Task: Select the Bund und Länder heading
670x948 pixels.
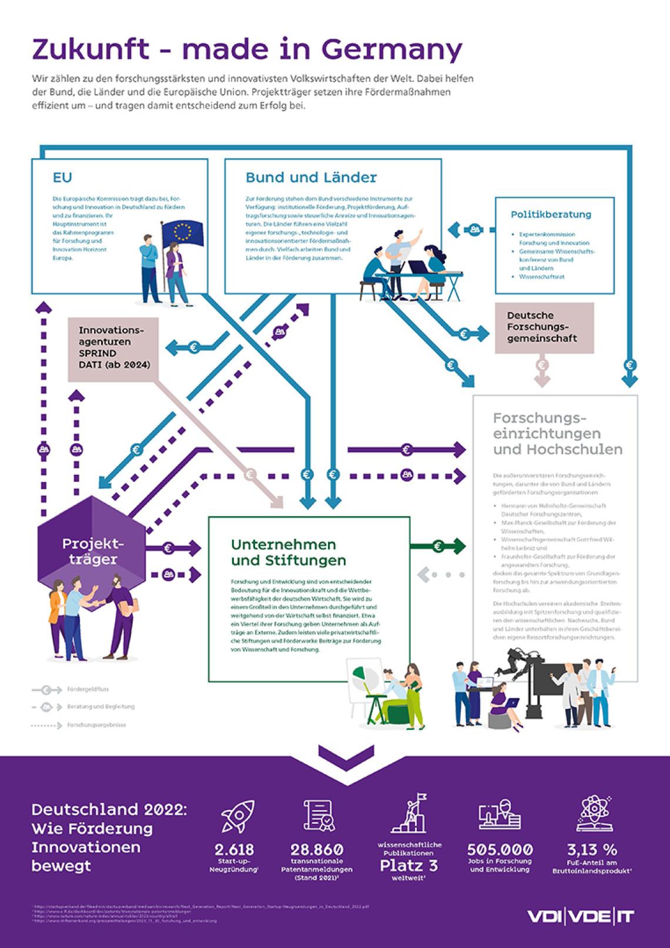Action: (311, 177)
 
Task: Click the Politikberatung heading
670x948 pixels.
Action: (551, 215)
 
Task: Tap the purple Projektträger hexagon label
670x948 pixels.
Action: (89, 551)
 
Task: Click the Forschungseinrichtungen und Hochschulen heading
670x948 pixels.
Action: (557, 434)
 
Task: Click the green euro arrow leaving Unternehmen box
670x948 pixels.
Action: (438, 546)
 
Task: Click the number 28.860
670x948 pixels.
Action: (317, 849)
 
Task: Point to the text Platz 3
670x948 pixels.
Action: (408, 865)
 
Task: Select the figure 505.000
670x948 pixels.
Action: (500, 849)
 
